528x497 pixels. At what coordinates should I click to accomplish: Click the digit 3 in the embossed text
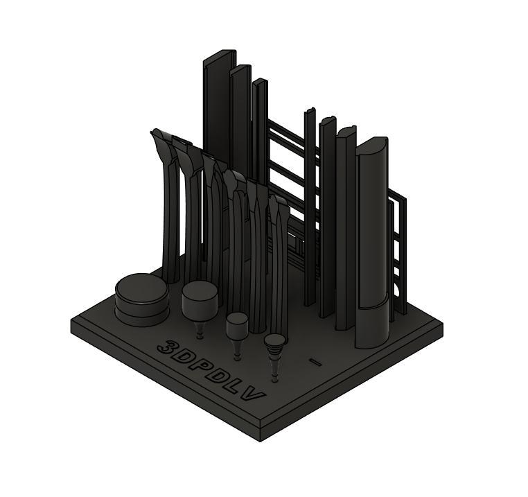(166, 347)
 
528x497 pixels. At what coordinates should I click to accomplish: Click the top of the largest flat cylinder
(141, 288)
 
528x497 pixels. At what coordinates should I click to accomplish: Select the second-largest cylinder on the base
(200, 300)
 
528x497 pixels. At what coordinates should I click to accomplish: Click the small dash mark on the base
(315, 363)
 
